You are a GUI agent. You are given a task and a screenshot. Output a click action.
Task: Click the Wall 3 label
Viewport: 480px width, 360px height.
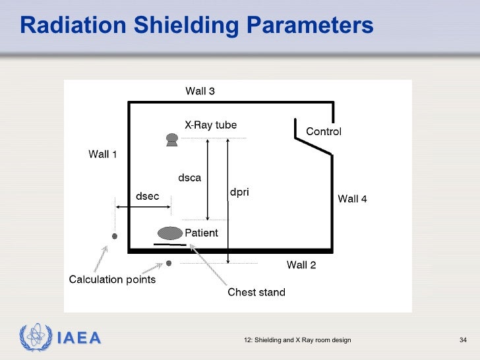click(200, 92)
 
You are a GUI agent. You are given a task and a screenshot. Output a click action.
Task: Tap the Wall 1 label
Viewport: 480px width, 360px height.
click(103, 154)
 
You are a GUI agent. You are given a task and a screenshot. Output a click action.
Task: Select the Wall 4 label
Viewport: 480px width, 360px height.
click(352, 198)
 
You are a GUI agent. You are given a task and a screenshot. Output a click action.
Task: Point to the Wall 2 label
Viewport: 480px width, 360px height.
click(301, 265)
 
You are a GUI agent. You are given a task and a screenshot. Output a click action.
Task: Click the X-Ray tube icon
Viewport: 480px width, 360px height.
click(172, 139)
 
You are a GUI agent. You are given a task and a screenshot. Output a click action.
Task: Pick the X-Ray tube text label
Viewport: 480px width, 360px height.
click(210, 125)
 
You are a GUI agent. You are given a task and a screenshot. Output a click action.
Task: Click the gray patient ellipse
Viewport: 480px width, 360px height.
click(169, 233)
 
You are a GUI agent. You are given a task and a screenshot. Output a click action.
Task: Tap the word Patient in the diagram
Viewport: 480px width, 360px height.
click(201, 233)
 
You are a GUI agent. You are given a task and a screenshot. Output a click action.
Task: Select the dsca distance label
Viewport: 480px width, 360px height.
click(190, 177)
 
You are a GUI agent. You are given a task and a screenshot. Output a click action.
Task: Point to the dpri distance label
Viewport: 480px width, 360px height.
click(239, 193)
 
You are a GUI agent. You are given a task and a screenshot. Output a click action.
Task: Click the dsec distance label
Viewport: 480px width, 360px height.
click(147, 196)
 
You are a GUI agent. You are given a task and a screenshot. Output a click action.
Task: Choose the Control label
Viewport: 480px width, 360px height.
click(324, 132)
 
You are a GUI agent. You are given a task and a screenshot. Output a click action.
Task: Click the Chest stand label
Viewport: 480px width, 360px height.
click(256, 292)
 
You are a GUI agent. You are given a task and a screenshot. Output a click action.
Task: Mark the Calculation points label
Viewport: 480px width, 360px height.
click(113, 280)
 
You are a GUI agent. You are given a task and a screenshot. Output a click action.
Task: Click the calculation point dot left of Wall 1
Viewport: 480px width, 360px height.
click(114, 236)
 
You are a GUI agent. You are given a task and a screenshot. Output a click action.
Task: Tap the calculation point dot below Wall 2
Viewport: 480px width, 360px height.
click(169, 263)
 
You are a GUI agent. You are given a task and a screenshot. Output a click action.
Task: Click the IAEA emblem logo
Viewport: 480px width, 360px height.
click(34, 338)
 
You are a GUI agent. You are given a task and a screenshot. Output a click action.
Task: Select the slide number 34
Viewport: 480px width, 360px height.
click(462, 340)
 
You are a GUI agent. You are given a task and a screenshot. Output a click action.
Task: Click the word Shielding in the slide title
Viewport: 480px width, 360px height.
click(186, 25)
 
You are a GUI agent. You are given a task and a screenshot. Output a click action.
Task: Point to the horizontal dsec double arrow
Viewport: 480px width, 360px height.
click(143, 208)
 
